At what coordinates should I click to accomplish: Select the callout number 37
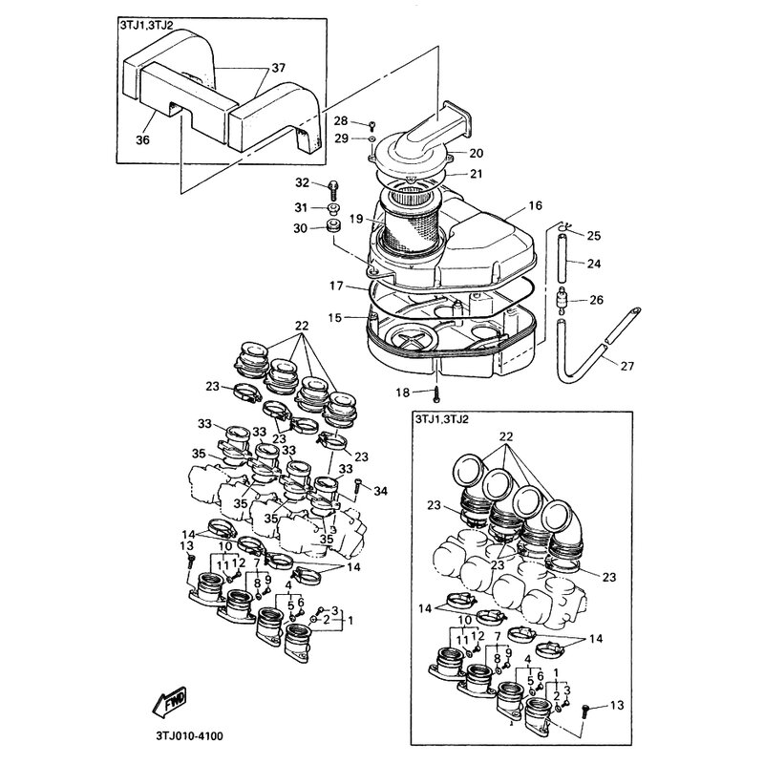[x=278, y=68]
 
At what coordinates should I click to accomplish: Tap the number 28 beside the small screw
[x=341, y=120]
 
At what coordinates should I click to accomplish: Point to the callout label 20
[x=477, y=153]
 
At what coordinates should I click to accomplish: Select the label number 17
[x=337, y=285]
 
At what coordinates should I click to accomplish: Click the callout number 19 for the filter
[x=355, y=219]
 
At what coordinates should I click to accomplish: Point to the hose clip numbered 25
[x=564, y=227]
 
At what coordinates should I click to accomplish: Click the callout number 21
[x=477, y=174]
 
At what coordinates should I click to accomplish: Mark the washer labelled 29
[x=370, y=139]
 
